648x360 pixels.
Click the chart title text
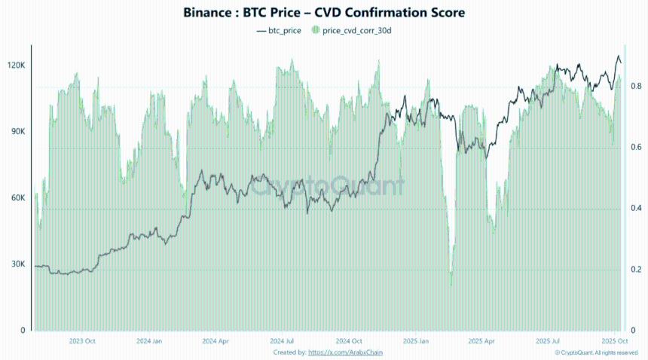(324, 13)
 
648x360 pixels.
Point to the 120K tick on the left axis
(17, 66)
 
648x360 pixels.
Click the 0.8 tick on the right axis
(635, 87)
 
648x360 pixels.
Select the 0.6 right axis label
(635, 148)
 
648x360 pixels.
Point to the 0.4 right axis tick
(635, 209)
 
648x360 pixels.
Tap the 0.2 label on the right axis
(635, 270)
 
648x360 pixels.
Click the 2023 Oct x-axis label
(81, 341)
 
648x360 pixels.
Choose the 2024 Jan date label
(149, 341)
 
